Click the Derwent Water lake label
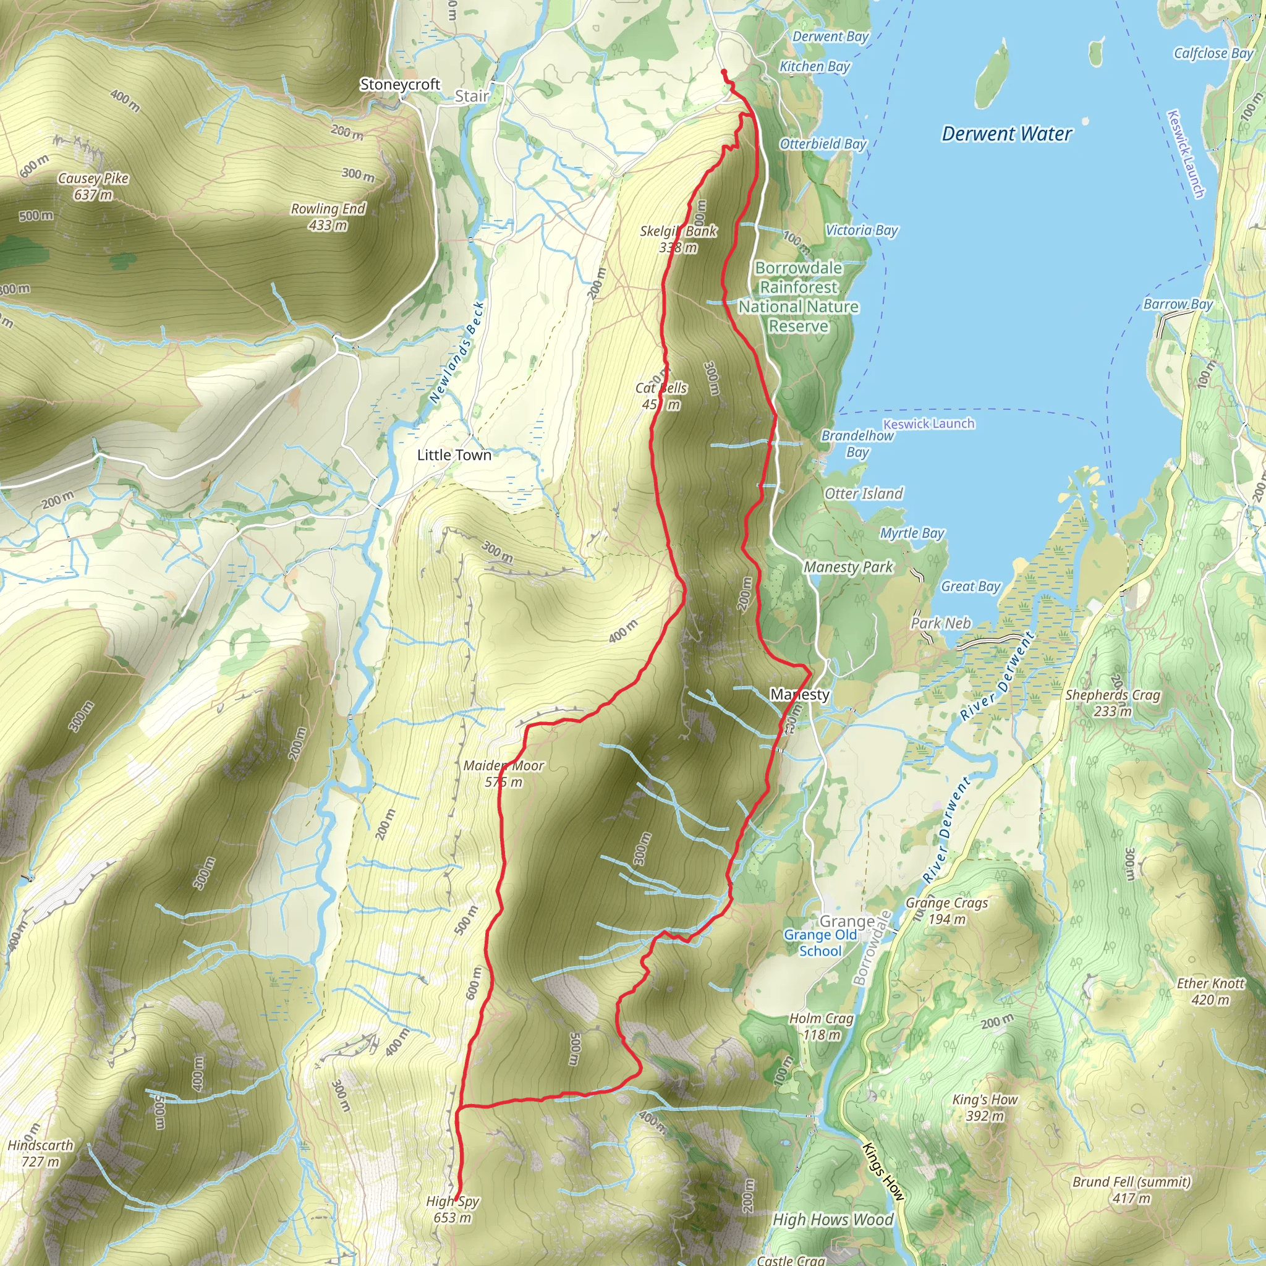[x=1006, y=134]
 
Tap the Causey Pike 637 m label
[x=93, y=187]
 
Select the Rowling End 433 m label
[x=328, y=217]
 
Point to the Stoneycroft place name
[x=400, y=85]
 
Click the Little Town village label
[x=454, y=455]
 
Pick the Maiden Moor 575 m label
[x=503, y=773]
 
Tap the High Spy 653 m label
[x=452, y=1209]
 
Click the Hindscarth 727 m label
[x=40, y=1153]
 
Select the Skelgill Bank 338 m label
[x=678, y=239]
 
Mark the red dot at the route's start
[x=723, y=72]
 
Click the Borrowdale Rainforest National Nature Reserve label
[x=798, y=297]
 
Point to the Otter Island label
[x=863, y=493]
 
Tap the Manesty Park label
[x=848, y=567]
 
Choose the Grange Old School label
[x=820, y=943]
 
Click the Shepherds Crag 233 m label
[x=1112, y=702]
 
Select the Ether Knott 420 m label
[x=1210, y=991]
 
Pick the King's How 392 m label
[x=984, y=1107]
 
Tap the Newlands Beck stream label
[x=457, y=352]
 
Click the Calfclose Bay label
[x=1213, y=53]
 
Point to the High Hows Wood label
[x=832, y=1220]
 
